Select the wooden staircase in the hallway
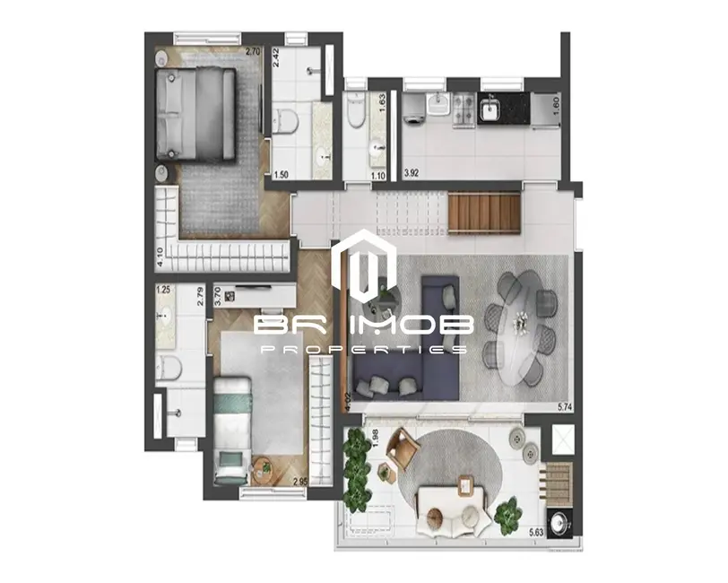pyautogui.click(x=484, y=213)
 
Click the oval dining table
pyautogui.click(x=518, y=329)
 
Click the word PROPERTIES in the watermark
pyautogui.click(x=363, y=349)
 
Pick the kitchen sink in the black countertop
pyautogui.click(x=490, y=109)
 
